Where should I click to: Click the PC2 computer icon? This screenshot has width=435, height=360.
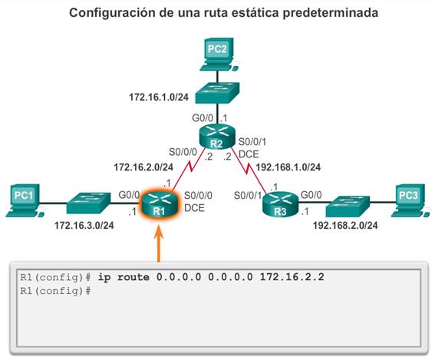tap(219, 54)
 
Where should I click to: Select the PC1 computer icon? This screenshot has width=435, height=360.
tap(25, 200)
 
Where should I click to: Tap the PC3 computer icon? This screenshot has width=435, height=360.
tap(410, 200)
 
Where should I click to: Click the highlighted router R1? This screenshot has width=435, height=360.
tap(159, 203)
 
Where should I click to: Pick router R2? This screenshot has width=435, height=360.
tap(217, 137)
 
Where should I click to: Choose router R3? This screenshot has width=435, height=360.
tap(280, 204)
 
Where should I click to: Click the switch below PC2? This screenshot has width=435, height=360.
tap(217, 93)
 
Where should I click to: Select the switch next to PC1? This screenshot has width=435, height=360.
tap(88, 203)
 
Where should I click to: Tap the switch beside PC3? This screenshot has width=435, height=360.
tap(348, 206)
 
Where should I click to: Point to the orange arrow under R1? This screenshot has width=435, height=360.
tap(159, 244)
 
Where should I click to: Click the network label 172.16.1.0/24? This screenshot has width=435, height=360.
tap(159, 97)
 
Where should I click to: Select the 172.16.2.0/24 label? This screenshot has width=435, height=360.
tap(143, 167)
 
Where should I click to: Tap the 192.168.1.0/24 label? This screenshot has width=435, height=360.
tap(288, 167)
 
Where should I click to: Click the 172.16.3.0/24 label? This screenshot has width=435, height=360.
tap(84, 225)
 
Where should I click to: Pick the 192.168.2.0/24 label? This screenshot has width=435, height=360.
tap(345, 225)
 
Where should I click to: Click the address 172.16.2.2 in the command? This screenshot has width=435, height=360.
tap(292, 277)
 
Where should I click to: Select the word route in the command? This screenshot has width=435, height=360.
tap(133, 277)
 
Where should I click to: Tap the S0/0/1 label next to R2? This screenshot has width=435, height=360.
tap(252, 142)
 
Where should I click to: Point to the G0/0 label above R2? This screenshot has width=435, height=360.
tap(203, 118)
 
